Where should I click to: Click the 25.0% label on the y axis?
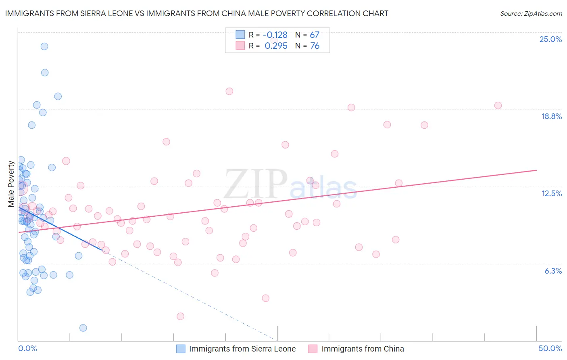coord(550,40)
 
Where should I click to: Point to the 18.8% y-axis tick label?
coord(551,117)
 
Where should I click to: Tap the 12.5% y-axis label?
coord(551,194)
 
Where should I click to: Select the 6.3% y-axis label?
coord(553,271)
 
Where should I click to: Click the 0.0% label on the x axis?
coord(27,349)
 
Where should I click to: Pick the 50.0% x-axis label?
coord(550,349)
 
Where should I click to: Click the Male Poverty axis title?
coord(11,184)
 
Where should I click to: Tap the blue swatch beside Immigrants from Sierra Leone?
coord(181,349)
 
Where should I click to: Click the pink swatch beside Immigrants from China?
coord(313,349)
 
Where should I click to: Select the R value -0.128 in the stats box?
coord(275,35)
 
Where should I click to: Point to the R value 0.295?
coord(276,46)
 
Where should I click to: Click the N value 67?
coord(315,35)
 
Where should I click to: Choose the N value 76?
coord(315,46)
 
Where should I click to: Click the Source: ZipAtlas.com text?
coord(531,14)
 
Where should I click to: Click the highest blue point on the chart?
coord(44,46)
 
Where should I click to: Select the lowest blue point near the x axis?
coord(83,328)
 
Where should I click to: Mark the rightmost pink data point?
coord(498,105)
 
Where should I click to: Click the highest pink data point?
coord(229,91)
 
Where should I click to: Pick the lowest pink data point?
coord(180,316)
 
